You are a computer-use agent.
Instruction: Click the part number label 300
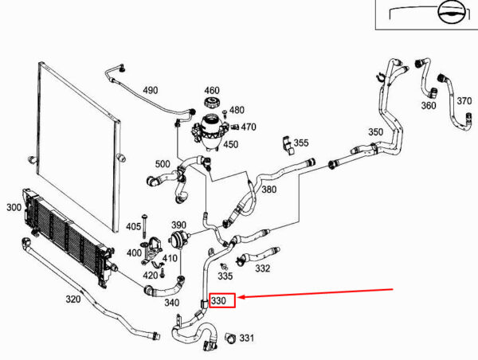point(14,207)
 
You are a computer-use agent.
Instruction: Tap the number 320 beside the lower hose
point(72,299)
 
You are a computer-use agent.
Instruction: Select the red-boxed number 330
point(219,301)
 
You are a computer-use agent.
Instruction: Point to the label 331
point(246,338)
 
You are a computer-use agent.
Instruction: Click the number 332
point(263,269)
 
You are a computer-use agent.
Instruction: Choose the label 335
point(225,276)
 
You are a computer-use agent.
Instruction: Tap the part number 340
point(171,302)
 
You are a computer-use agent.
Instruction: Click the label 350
point(374,132)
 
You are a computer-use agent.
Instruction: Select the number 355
point(300,143)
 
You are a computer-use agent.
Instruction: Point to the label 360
point(429,105)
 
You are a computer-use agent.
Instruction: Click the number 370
point(464,100)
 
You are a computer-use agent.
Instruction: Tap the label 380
point(268,190)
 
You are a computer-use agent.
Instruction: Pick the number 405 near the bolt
point(134,227)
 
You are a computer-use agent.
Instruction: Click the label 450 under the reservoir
point(230,144)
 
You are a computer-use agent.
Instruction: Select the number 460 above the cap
point(212,90)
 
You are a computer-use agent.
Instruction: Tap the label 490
point(151,90)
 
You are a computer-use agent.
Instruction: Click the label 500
point(163,164)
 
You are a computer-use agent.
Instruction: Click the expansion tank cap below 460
point(212,106)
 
